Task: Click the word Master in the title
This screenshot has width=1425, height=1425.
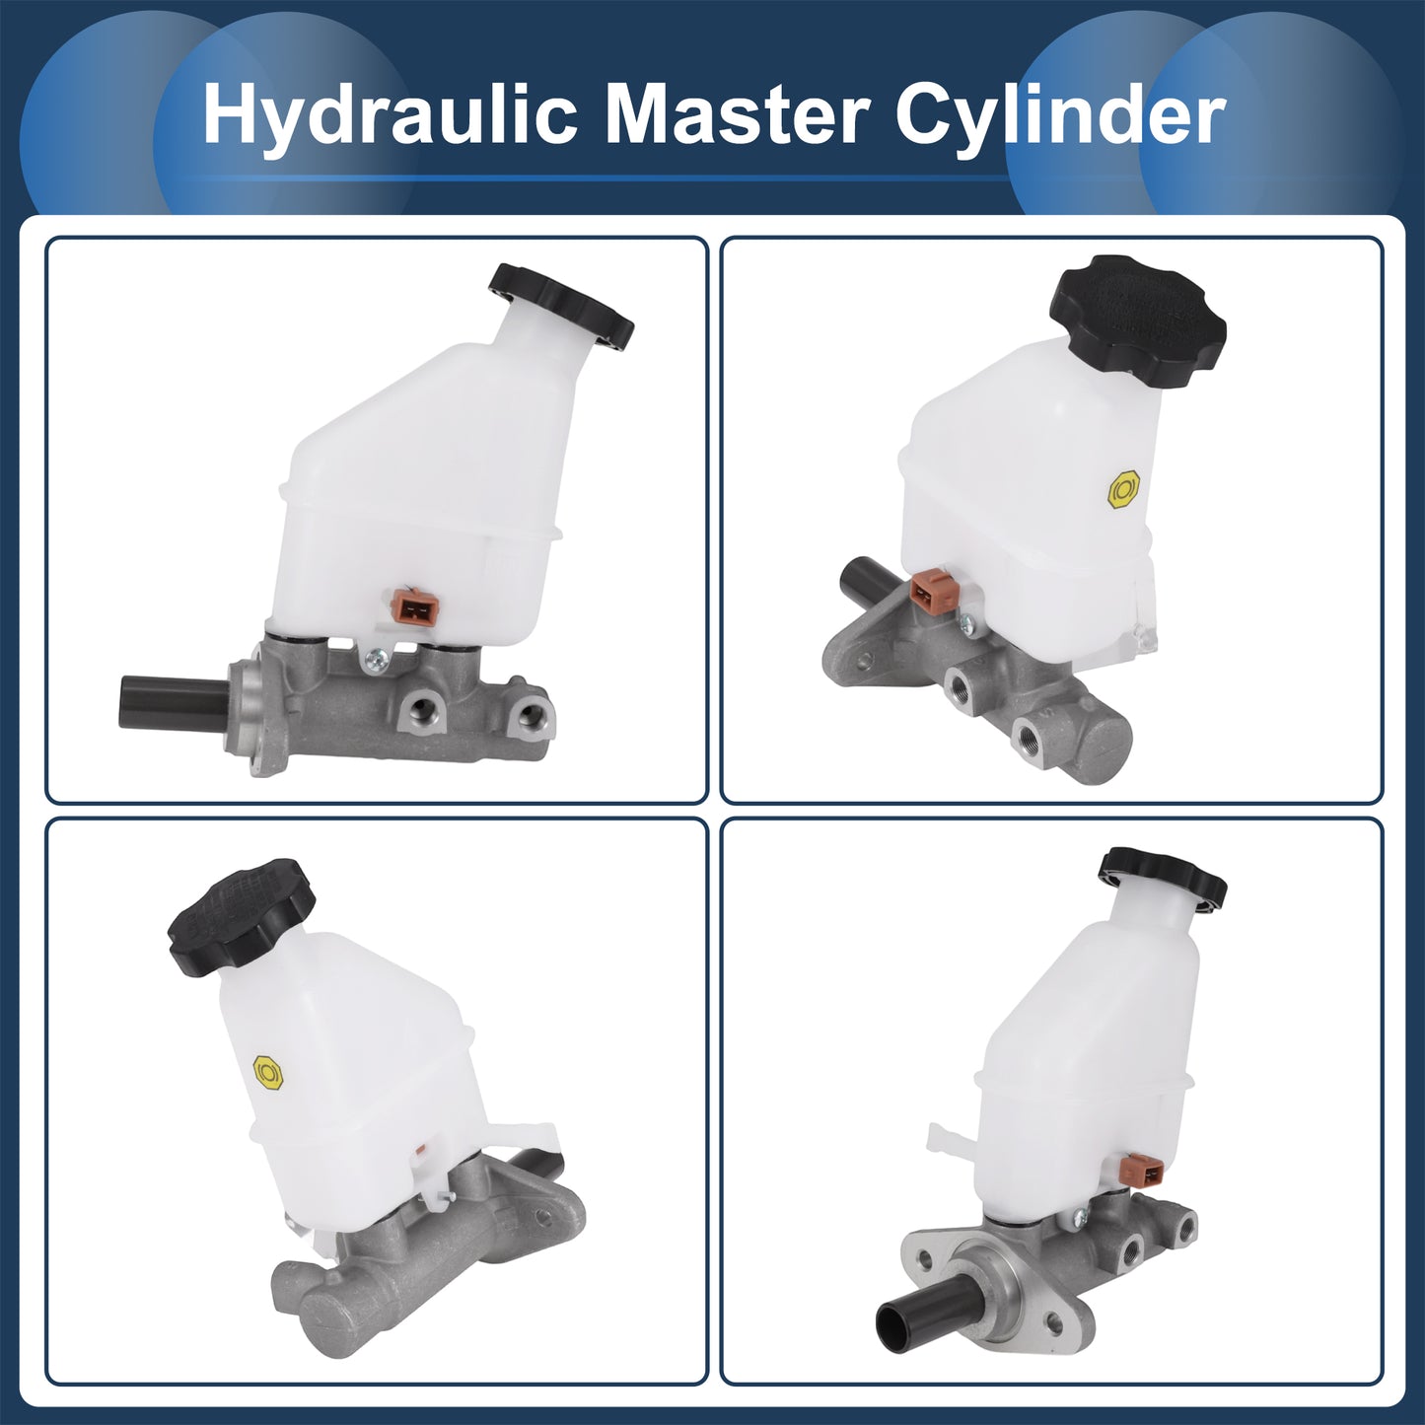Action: pyautogui.click(x=742, y=113)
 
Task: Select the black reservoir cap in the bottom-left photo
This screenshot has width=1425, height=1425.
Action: pyautogui.click(x=241, y=909)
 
